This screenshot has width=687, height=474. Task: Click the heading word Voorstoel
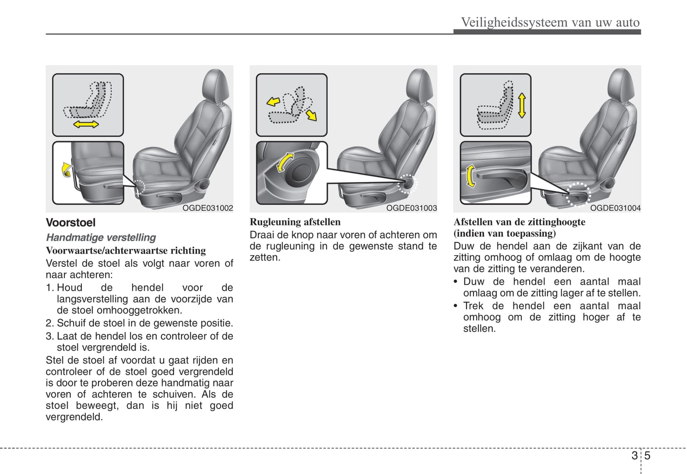[70, 223]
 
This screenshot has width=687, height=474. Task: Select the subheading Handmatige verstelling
[101, 237]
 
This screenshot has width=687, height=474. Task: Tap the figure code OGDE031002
[208, 208]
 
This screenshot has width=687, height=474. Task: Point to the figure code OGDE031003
[411, 208]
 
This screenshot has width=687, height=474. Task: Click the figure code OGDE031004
[615, 208]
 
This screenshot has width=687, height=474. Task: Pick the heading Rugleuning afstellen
[295, 222]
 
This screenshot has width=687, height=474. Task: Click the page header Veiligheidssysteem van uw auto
[550, 22]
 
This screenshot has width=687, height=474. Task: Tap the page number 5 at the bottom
[647, 456]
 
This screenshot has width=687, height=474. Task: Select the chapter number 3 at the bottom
[635, 456]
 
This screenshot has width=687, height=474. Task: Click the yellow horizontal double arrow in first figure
[86, 124]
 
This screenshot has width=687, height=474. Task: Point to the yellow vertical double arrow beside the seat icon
[522, 105]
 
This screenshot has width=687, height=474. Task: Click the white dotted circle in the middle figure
[406, 184]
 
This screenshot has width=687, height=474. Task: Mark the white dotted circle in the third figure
[579, 194]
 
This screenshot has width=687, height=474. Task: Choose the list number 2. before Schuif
[50, 323]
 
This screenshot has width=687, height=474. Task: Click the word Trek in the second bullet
[473, 306]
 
